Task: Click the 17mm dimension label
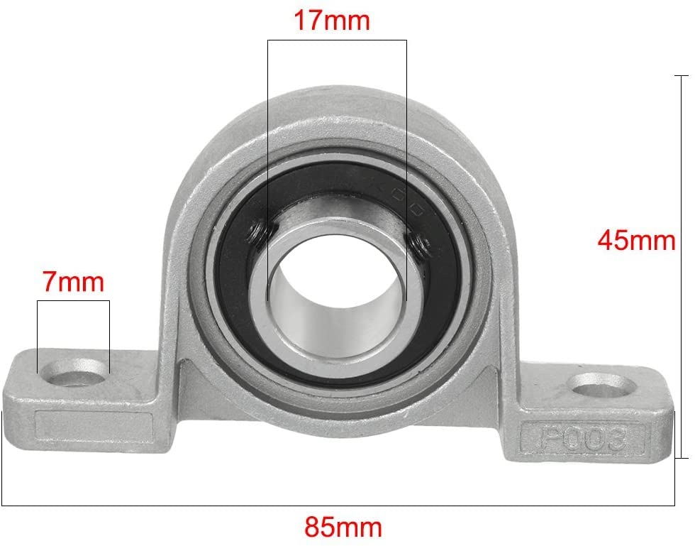(x=332, y=21)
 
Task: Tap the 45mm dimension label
(x=636, y=241)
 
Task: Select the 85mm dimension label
(x=343, y=527)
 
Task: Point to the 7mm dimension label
(x=73, y=282)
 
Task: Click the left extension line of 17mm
(x=267, y=142)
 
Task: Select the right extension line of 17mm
(x=406, y=142)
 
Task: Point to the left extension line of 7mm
(x=38, y=334)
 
